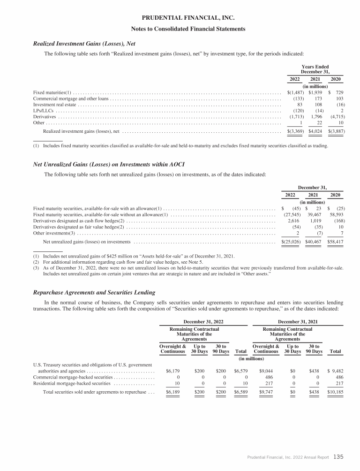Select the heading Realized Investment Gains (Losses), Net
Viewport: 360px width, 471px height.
click(x=84, y=44)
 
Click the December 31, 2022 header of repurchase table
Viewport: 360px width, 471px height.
click(x=203, y=321)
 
